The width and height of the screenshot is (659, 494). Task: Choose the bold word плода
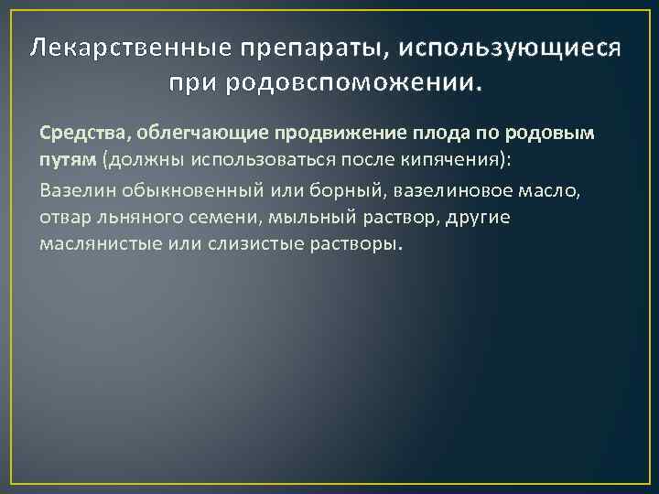[426, 133]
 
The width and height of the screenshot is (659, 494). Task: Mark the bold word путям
[63, 161]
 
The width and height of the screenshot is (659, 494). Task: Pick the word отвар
[63, 218]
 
